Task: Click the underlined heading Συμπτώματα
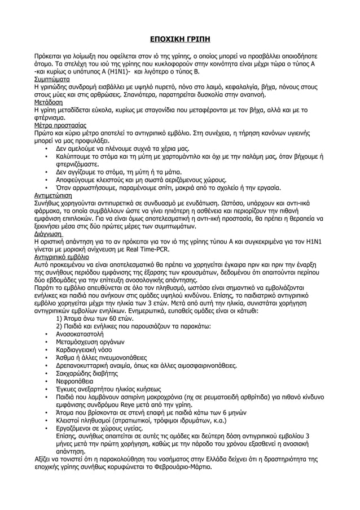tap(52, 80)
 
